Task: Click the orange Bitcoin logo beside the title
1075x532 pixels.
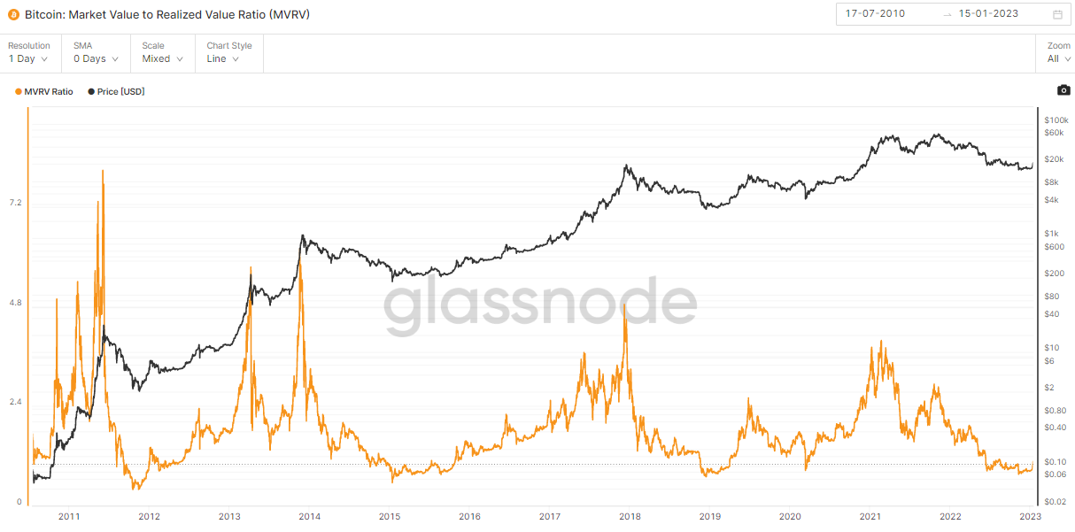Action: pyautogui.click(x=13, y=15)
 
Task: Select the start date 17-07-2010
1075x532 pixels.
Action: pyautogui.click(x=875, y=14)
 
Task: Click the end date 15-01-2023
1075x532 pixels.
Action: pyautogui.click(x=988, y=14)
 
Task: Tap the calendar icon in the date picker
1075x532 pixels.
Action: pyautogui.click(x=1057, y=14)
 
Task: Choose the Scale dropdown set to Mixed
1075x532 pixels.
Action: pyautogui.click(x=162, y=58)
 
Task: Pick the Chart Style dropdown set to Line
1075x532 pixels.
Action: pyautogui.click(x=228, y=58)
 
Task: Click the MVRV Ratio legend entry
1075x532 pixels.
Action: pyautogui.click(x=44, y=92)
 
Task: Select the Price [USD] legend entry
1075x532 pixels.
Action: pyautogui.click(x=116, y=92)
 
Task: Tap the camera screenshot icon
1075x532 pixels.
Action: pyautogui.click(x=1063, y=90)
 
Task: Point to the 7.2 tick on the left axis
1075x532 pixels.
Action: pyautogui.click(x=14, y=203)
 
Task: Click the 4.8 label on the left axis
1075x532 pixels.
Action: pyautogui.click(x=14, y=303)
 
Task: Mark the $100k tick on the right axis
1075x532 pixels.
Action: pyautogui.click(x=1057, y=120)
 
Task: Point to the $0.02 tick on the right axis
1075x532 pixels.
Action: pyautogui.click(x=1056, y=502)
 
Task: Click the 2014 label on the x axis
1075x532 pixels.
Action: pyautogui.click(x=309, y=516)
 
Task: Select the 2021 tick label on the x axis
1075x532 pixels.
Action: pyautogui.click(x=870, y=516)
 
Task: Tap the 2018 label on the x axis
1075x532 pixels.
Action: pyautogui.click(x=630, y=516)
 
